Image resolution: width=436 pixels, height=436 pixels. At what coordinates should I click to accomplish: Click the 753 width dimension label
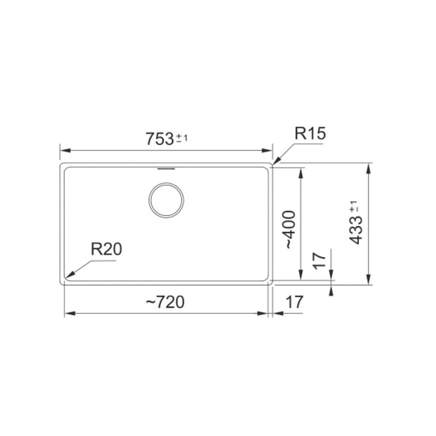tap(160, 139)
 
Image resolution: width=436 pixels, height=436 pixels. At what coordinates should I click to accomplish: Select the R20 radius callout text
tap(106, 249)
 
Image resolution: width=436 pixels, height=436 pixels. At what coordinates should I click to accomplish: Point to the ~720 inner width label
tap(165, 302)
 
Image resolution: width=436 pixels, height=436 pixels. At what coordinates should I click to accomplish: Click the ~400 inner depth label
tap(289, 230)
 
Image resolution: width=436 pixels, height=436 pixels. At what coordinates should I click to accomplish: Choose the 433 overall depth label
tap(356, 231)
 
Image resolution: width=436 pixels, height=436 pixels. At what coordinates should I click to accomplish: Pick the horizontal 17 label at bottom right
tap(294, 302)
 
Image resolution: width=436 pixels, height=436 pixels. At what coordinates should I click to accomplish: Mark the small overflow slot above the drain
tap(166, 168)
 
